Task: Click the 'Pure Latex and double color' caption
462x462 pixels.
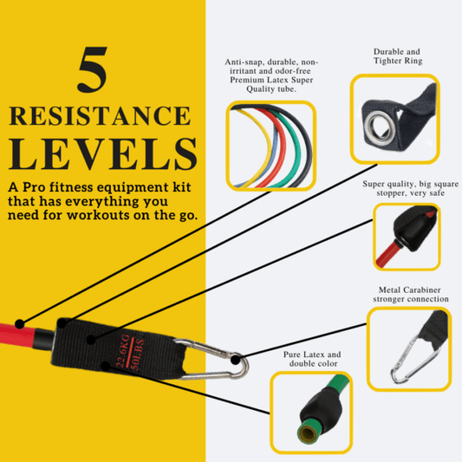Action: (x=314, y=359)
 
